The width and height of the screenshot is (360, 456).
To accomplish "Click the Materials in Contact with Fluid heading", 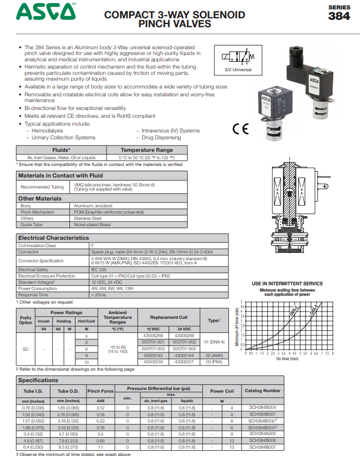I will pos(61,175).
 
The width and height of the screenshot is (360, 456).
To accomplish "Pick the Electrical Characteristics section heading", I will pos(53,238).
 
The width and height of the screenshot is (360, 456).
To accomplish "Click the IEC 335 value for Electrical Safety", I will pos(99,270).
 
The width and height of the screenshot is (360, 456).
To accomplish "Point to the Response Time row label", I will pos(34,295).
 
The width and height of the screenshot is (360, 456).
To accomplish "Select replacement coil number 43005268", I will pos(153,335).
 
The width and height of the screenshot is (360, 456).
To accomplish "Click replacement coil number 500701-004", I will pos(183,349).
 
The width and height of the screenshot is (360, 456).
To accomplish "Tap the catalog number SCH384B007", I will pos(263,447).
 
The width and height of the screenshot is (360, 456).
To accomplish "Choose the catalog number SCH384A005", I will pos(263,433).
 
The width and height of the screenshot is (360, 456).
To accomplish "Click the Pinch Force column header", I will pos(101,391).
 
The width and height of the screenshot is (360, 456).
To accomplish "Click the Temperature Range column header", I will pos(146,150).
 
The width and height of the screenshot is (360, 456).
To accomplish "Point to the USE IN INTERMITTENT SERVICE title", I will pos(287,284).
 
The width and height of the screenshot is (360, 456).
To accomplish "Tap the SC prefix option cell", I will pos(26,349).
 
